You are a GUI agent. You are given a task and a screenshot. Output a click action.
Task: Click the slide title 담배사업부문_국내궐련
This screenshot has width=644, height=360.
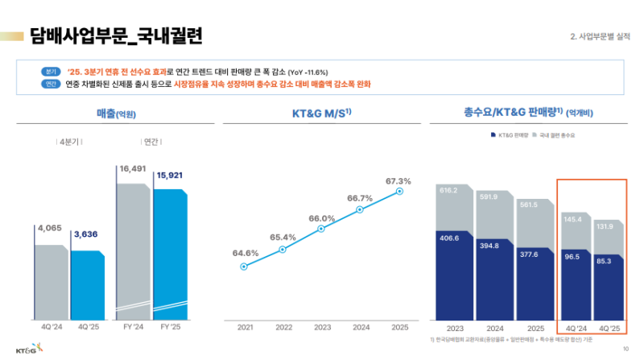tap(116, 35)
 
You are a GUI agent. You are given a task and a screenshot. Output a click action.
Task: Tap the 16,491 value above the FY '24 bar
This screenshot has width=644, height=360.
tap(132, 169)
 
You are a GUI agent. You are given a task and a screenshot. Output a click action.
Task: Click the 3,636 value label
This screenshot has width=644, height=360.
tap(87, 234)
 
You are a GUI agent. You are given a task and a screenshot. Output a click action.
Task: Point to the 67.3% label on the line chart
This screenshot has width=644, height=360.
tap(398, 181)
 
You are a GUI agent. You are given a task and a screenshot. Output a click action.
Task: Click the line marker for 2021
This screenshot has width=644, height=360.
tap(243, 266)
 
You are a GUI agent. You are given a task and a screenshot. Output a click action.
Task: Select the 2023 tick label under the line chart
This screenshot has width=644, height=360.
tap(322, 327)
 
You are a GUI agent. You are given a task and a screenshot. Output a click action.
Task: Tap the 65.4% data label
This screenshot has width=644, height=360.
tap(283, 237)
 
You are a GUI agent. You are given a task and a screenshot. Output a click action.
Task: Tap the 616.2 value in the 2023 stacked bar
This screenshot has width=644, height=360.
tap(448, 190)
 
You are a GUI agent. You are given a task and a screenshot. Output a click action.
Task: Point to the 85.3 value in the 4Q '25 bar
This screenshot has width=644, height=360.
tap(609, 260)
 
